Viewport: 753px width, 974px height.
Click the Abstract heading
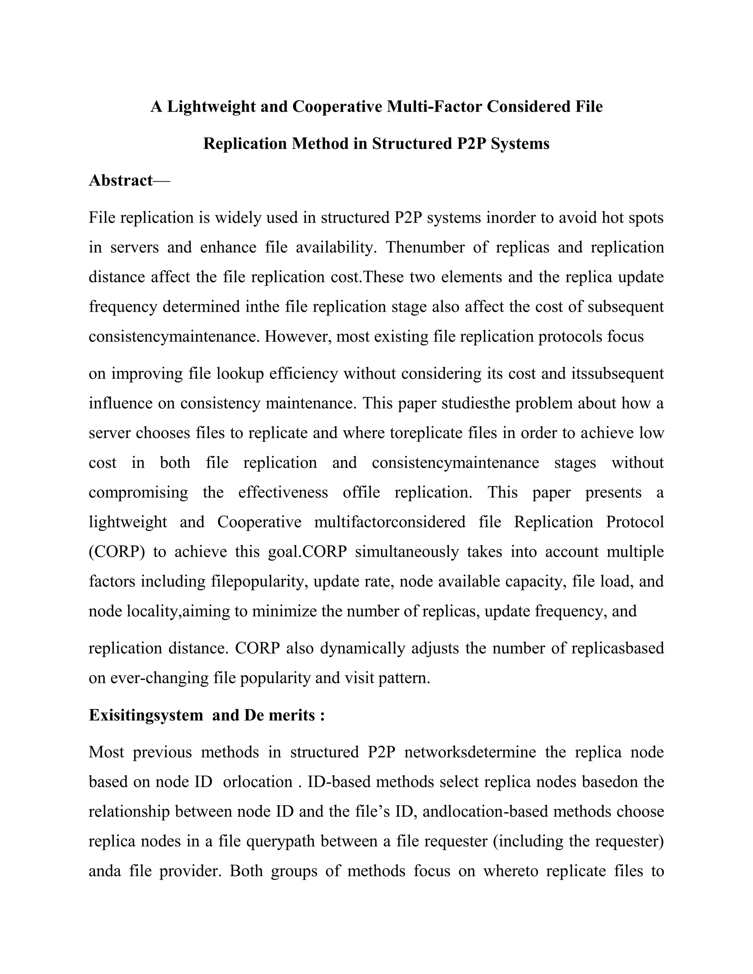pos(121,180)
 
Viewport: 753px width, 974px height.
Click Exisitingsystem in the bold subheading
pos(146,715)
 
